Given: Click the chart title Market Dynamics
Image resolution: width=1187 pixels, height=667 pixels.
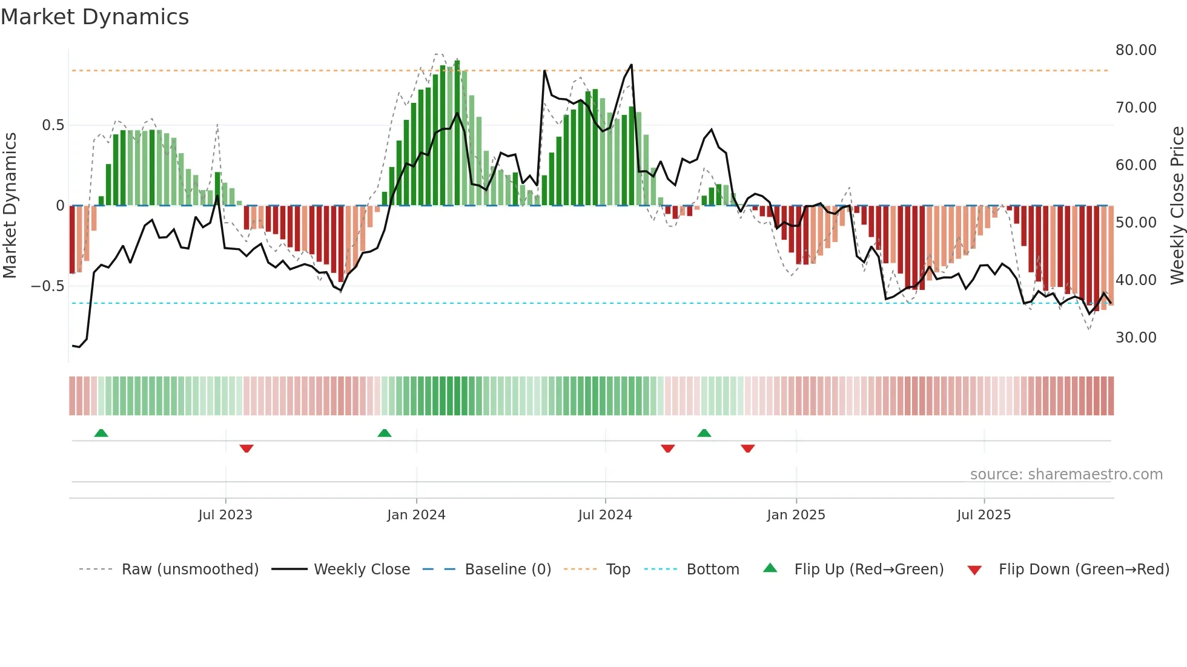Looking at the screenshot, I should (x=94, y=17).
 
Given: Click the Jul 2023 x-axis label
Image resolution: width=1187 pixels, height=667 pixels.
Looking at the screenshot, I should (x=225, y=515).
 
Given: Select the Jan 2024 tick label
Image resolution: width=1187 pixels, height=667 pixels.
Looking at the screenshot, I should (x=416, y=515).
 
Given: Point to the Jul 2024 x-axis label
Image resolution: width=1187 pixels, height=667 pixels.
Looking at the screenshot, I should (x=605, y=515).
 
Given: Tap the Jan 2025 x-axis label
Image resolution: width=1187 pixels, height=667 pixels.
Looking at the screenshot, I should (x=796, y=515).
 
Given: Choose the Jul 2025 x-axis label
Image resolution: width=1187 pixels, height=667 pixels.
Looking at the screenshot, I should (x=984, y=515).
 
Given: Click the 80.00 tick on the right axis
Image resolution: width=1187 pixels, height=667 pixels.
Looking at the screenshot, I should (x=1136, y=50).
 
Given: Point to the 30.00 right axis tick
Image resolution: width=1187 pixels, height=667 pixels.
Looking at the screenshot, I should (x=1136, y=338).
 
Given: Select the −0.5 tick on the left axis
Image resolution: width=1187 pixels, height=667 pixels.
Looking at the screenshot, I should (x=48, y=286).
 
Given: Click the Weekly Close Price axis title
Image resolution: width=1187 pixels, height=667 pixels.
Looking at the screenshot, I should (x=1177, y=206).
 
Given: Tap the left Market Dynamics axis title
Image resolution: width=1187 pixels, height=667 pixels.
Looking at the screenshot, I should (x=10, y=206).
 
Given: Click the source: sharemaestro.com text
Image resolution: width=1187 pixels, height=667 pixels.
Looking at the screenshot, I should (x=1066, y=475).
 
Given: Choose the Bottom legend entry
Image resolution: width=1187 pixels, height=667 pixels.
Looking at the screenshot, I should (x=712, y=570).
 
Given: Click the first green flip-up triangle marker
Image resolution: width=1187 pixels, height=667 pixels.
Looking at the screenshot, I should (x=101, y=433).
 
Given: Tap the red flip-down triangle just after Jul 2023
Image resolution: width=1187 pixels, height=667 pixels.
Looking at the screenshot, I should (x=246, y=448).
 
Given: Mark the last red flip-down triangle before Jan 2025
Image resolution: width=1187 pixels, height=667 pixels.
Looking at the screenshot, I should (x=748, y=448).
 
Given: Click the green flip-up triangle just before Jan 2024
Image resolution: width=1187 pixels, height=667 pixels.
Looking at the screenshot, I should (x=385, y=433).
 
